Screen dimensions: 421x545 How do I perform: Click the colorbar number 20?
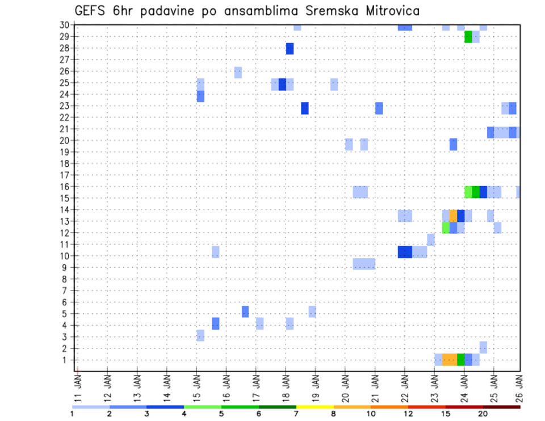tap(483, 414)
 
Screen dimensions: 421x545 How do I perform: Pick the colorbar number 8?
tap(333, 414)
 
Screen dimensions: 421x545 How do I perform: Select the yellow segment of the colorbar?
tap(315, 407)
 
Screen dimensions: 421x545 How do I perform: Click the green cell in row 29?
tap(468, 37)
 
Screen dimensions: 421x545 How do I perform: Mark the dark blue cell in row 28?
tap(290, 49)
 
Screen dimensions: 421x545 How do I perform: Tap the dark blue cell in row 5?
tap(245, 311)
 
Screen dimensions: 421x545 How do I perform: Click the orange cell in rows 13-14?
tap(453, 216)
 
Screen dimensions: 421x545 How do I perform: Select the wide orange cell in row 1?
tap(449, 360)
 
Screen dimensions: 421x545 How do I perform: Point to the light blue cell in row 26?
tap(238, 72)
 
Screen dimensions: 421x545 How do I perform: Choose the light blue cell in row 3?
tap(200, 335)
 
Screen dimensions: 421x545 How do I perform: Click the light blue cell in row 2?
tap(483, 347)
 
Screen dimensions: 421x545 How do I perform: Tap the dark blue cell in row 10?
tap(405, 252)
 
